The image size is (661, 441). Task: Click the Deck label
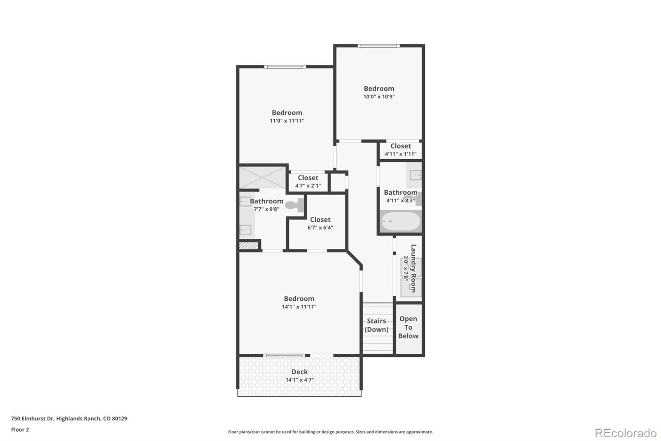[300, 371]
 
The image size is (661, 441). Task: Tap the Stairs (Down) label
[376, 325]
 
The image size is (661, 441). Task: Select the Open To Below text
[408, 327]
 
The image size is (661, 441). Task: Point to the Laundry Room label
[413, 268]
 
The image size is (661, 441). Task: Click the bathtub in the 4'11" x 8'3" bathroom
[400, 221]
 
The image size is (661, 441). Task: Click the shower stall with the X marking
[263, 177]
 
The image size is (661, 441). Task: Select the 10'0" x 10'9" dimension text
[379, 97]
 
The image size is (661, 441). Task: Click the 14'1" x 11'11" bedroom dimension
[299, 307]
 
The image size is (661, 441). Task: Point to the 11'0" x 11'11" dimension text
[287, 121]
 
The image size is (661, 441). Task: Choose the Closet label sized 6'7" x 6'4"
[320, 220]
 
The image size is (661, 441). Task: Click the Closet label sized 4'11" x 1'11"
[400, 146]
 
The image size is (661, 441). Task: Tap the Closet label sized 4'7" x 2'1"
[308, 178]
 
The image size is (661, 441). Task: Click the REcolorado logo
[625, 433]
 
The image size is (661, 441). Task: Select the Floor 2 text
[20, 429]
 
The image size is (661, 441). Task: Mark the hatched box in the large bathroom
[249, 246]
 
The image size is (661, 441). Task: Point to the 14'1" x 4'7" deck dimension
[300, 380]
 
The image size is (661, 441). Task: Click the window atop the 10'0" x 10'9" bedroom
[378, 46]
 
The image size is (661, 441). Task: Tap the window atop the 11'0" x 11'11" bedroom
[285, 67]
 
